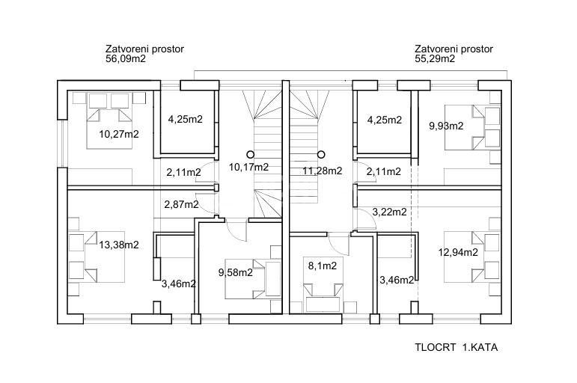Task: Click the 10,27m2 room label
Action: (x=119, y=135)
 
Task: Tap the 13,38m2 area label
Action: (x=119, y=245)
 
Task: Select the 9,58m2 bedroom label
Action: (x=236, y=272)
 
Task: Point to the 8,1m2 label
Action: (x=323, y=266)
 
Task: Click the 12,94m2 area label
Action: (x=458, y=252)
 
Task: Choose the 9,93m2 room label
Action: (x=446, y=126)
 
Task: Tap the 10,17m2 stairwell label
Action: (x=248, y=168)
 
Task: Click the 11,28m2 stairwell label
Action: (x=323, y=171)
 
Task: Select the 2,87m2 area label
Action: (x=181, y=204)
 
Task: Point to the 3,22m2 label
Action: (x=390, y=212)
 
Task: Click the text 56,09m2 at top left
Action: (x=126, y=58)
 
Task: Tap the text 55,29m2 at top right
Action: (x=435, y=58)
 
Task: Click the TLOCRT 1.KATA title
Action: (x=457, y=347)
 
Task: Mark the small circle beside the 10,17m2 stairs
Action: (x=250, y=154)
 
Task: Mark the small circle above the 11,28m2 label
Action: (x=321, y=154)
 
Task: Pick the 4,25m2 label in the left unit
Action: (x=185, y=119)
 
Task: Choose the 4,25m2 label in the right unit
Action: (x=385, y=120)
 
